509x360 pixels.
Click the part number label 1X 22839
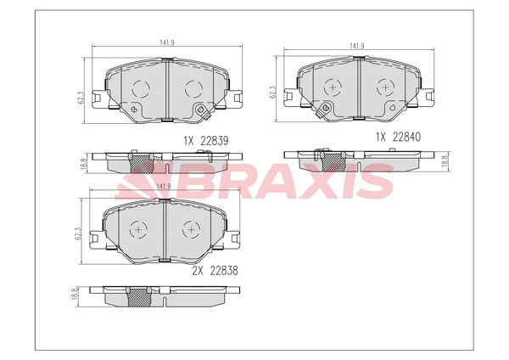pos(206,141)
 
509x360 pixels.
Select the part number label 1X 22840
pos(398,137)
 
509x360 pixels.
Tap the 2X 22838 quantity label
pos(215,271)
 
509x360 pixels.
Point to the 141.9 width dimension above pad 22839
pos(167,42)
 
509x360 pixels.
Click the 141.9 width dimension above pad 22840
pos(357,46)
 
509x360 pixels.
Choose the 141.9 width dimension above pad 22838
pos(164,187)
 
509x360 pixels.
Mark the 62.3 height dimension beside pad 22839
pos(81,98)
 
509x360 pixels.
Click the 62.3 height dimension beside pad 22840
pos(272,93)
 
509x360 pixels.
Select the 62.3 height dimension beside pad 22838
pos(78,233)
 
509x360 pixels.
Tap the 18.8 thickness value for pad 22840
pos(445,161)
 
